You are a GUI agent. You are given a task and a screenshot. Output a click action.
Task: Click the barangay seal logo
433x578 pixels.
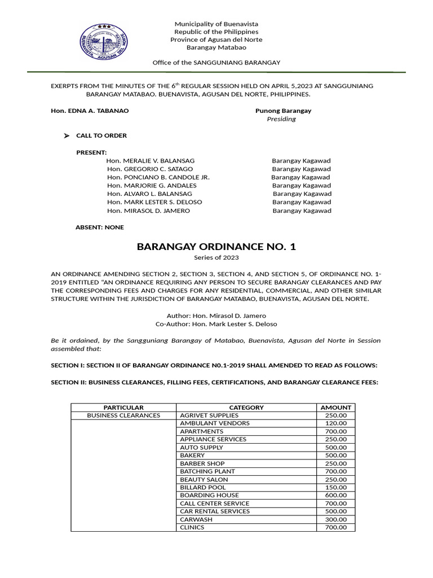click(x=104, y=40)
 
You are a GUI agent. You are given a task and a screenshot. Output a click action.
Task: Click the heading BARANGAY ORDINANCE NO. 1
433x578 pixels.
click(x=216, y=247)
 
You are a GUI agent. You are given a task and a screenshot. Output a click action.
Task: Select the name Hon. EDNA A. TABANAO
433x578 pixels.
click(x=90, y=111)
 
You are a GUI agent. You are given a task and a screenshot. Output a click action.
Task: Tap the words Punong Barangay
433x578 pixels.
click(x=283, y=111)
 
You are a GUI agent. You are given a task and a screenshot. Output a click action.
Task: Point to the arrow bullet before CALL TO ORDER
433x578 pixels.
click(x=67, y=136)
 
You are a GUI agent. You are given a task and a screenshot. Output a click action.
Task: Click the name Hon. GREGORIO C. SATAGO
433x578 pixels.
click(x=149, y=169)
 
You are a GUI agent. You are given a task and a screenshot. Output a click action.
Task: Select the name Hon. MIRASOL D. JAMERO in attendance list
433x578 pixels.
click(x=148, y=211)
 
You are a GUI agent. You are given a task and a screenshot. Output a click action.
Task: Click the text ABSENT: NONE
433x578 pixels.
click(x=100, y=227)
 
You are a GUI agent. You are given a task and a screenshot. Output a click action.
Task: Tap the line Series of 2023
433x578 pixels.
click(x=216, y=258)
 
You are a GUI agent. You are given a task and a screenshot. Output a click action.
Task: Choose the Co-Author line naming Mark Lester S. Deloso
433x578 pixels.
click(x=216, y=324)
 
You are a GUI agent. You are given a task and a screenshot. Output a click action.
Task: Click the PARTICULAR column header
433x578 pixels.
click(x=123, y=407)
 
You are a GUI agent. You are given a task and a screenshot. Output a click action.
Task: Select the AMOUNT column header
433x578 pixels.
click(x=335, y=407)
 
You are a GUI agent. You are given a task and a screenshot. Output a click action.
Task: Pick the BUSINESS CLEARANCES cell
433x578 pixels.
click(x=123, y=415)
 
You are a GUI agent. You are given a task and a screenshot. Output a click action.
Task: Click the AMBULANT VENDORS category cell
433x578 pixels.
click(x=215, y=423)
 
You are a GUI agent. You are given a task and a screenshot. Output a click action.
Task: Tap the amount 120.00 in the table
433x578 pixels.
click(x=336, y=423)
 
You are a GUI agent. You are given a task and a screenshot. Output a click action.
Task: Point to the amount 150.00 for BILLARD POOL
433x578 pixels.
click(x=336, y=487)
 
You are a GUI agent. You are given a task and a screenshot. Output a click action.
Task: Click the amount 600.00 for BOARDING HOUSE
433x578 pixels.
click(x=336, y=495)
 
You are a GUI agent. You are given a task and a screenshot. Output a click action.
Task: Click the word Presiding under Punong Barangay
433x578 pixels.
click(x=281, y=119)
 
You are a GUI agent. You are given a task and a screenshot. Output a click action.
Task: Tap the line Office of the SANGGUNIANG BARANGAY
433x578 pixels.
click(x=216, y=62)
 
